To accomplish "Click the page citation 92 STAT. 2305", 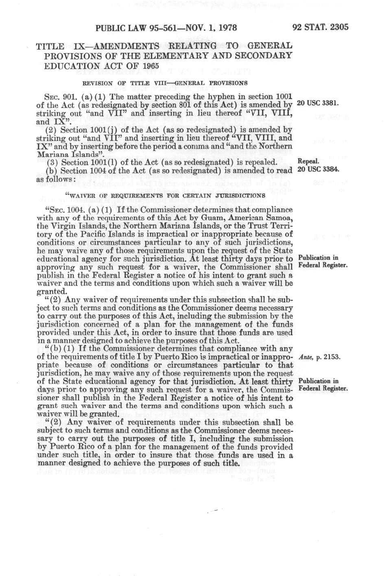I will click(320, 27).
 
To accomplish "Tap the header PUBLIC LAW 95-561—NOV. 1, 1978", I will click(166, 28).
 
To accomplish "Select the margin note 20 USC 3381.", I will click(317, 102).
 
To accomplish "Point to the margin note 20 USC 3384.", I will click(317, 169).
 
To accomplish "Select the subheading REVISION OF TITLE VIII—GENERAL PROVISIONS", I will click(165, 83).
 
